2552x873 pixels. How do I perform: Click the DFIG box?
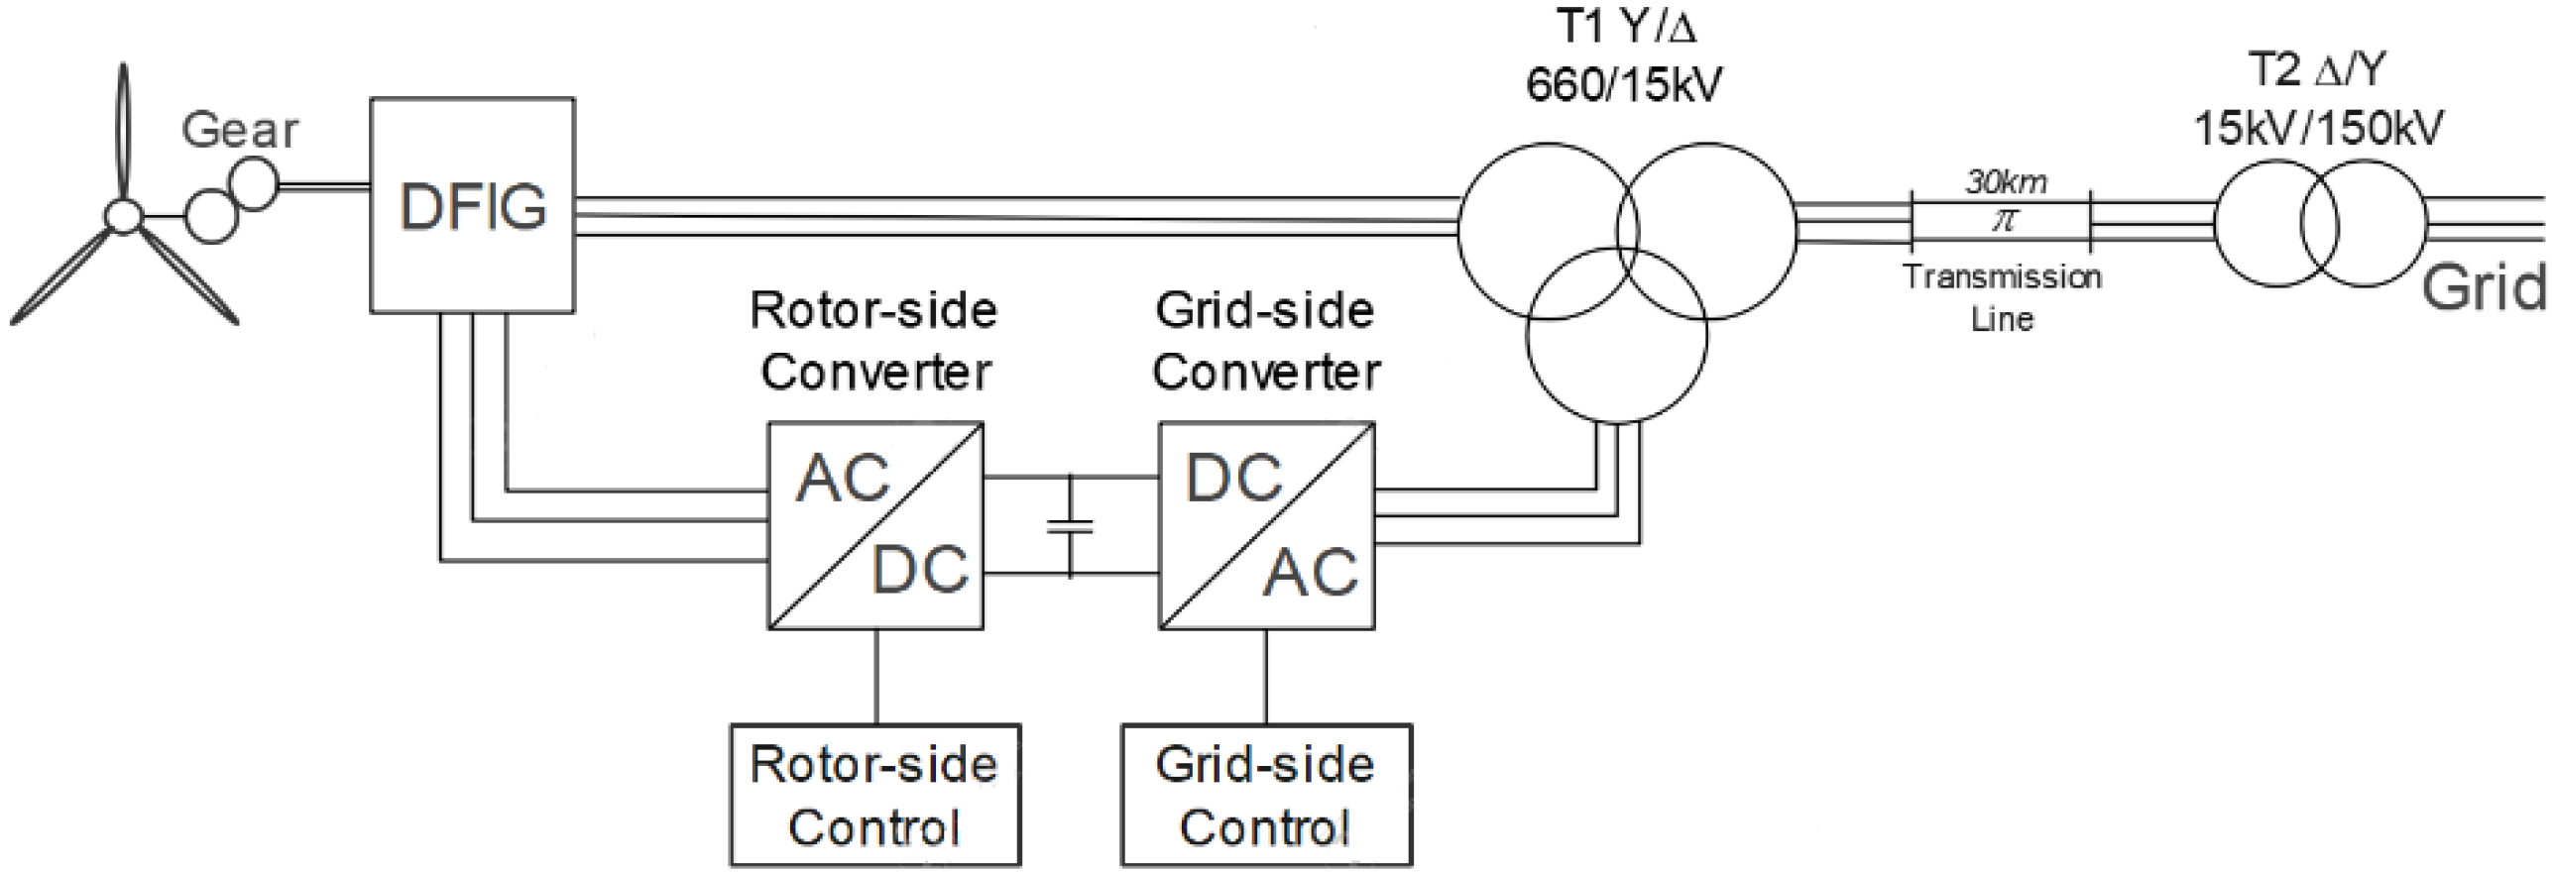(x=472, y=205)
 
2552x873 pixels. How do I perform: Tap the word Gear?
(x=240, y=131)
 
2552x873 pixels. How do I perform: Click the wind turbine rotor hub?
(x=123, y=217)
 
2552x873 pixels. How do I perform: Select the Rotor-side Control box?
(x=874, y=796)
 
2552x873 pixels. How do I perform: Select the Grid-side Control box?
(x=1266, y=796)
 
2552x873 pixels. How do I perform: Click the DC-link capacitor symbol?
(x=1070, y=526)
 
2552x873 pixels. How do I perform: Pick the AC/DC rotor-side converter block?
(x=875, y=526)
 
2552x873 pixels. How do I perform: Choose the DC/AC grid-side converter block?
(x=1266, y=526)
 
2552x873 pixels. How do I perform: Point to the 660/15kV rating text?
(x=1623, y=85)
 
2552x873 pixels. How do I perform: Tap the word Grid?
(x=2484, y=288)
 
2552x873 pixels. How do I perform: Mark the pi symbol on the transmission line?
(x=2004, y=220)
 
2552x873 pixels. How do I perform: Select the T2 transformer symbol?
(x=2320, y=224)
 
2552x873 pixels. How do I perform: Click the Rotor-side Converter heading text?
(x=874, y=341)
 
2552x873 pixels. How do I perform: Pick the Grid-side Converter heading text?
(x=1266, y=341)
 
